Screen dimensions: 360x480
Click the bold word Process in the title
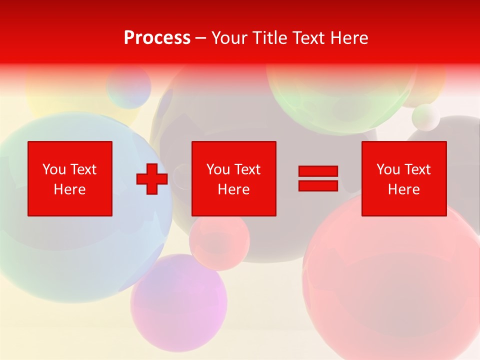point(157,38)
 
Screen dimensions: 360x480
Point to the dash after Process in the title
point(200,38)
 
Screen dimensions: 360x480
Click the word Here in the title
point(349,38)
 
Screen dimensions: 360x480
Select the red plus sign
point(152,179)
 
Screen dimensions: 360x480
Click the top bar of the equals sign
point(318,171)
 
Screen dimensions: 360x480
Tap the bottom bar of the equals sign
point(318,185)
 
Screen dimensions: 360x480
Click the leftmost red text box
point(70,178)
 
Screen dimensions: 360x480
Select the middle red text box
point(233,178)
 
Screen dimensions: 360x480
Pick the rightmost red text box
point(403,178)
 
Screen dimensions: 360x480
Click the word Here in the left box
point(70,189)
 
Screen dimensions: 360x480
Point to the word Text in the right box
point(418,169)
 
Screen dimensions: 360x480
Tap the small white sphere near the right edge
point(425,116)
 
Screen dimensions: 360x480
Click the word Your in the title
point(230,38)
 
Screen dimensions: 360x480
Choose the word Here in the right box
point(403,189)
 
